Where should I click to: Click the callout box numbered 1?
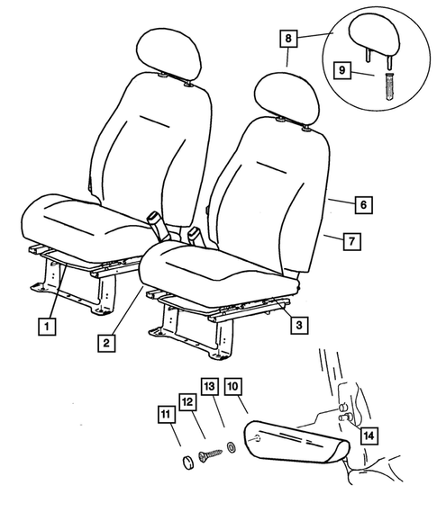44,325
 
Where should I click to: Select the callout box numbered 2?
106,342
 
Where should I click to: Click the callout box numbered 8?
287,39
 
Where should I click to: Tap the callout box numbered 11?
165,415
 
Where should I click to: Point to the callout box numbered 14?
369,436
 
